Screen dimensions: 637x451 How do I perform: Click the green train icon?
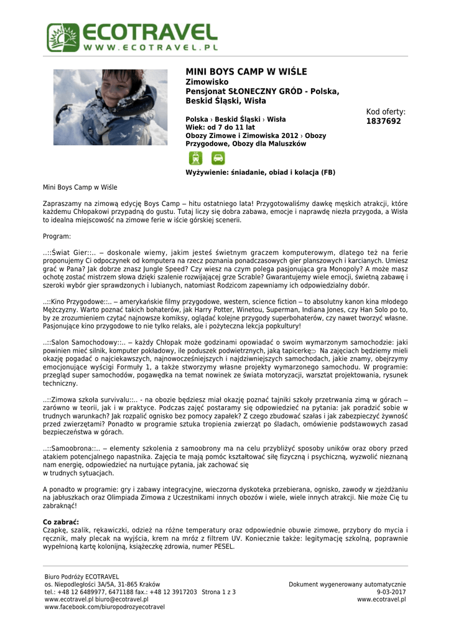[x=195, y=158]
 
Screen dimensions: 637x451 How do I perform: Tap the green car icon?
[x=218, y=158]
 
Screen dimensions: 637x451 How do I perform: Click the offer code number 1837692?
[x=384, y=121]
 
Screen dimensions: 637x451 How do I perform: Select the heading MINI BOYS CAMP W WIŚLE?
[x=246, y=72]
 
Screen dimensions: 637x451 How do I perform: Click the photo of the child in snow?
[x=110, y=106]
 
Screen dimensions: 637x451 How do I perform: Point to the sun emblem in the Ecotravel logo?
[x=62, y=38]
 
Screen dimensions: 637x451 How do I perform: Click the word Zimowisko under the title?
[x=208, y=82]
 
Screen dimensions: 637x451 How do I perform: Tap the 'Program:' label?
[x=57, y=236]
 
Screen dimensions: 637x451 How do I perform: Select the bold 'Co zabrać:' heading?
[x=61, y=521]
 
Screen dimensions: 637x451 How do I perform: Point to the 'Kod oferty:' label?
[x=386, y=112]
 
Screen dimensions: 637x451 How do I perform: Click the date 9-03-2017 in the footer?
[x=391, y=592]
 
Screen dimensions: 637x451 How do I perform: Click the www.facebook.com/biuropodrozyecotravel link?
[x=105, y=607]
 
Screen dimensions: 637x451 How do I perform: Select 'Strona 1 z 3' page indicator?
[x=219, y=592]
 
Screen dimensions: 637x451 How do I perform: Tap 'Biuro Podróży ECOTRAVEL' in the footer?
[x=81, y=577]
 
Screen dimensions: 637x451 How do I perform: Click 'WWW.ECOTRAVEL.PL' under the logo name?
[x=150, y=47]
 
